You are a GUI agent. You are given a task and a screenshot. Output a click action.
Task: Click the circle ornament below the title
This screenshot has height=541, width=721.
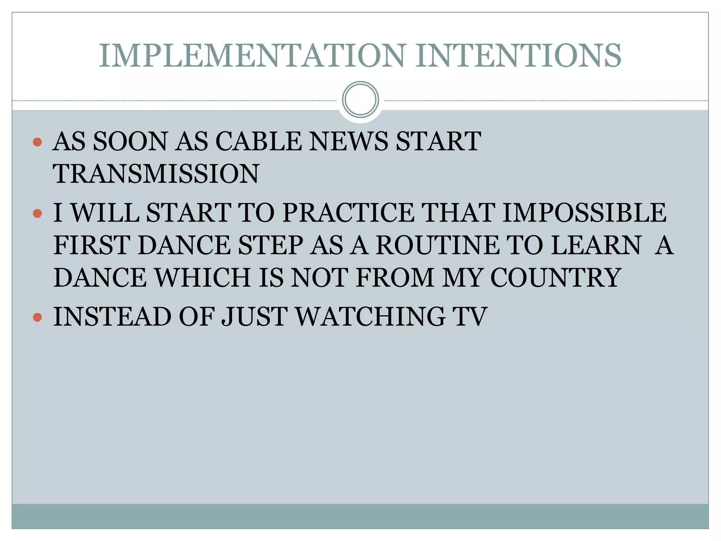360,100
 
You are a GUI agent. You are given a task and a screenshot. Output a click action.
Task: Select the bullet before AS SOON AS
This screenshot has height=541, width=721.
37,142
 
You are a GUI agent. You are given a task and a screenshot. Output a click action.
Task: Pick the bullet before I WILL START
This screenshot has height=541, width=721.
37,213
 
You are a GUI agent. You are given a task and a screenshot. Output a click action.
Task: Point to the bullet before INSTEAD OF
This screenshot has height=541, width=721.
37,317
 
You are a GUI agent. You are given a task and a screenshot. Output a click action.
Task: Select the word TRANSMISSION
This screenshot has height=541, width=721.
156,174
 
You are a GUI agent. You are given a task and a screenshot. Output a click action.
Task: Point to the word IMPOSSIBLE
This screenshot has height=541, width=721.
584,213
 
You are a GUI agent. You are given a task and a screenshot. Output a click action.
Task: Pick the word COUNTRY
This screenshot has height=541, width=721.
555,278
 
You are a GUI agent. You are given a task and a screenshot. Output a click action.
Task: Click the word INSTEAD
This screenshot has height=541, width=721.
112,317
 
